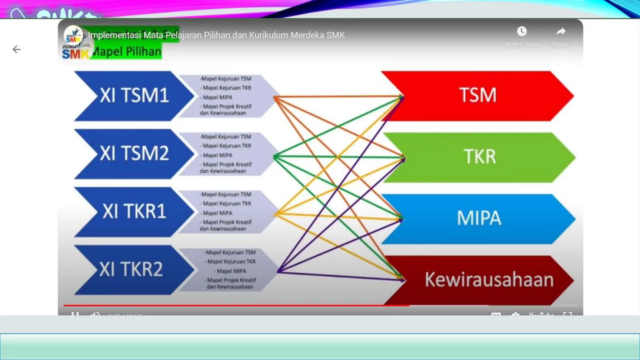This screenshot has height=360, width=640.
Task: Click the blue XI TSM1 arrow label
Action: click(x=134, y=95)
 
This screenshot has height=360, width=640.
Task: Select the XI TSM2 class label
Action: click(x=134, y=153)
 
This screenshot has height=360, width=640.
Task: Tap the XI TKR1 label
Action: click(x=134, y=211)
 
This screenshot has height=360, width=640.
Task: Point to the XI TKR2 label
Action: click(x=131, y=269)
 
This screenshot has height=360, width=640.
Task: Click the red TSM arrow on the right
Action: click(x=477, y=95)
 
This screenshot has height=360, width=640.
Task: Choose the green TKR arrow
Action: click(x=479, y=157)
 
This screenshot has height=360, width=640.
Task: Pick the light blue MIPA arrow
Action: click(x=479, y=218)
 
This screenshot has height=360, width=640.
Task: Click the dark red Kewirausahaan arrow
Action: click(x=489, y=279)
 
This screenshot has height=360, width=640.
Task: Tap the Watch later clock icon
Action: click(x=522, y=32)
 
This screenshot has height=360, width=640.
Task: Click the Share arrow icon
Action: click(x=561, y=32)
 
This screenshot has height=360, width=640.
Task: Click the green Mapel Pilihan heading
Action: click(x=127, y=52)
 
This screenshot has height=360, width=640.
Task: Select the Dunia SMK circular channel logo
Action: click(x=73, y=35)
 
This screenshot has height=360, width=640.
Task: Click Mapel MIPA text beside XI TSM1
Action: click(x=217, y=97)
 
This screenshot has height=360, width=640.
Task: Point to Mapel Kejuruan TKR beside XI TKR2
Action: click(x=231, y=262)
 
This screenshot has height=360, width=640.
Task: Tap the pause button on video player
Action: click(x=75, y=313)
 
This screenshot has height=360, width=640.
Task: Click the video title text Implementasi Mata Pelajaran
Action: click(x=216, y=35)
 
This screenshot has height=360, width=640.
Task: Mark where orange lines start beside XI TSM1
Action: click(x=275, y=98)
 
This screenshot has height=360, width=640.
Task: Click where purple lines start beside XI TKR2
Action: click(x=278, y=271)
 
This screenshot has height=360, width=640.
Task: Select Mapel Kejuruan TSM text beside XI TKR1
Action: click(x=226, y=194)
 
